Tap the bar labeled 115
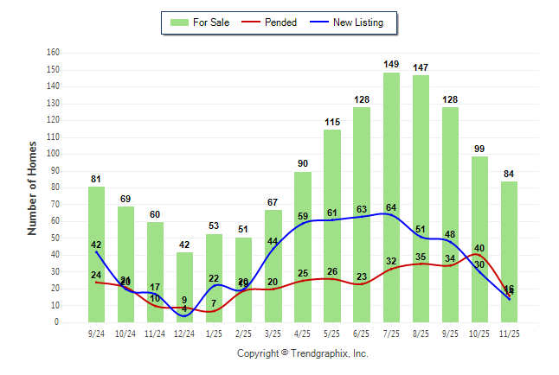click(x=332, y=226)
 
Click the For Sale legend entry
click(x=201, y=22)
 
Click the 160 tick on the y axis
click(x=54, y=53)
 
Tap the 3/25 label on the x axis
click(x=273, y=332)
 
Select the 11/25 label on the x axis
click(x=510, y=332)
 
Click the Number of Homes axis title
click(x=32, y=187)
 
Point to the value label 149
click(x=391, y=64)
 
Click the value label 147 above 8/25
click(x=421, y=67)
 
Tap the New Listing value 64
click(x=391, y=207)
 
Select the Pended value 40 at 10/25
click(x=479, y=248)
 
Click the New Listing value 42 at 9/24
click(x=96, y=245)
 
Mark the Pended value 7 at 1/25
click(x=214, y=303)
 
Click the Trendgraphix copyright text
click(x=303, y=353)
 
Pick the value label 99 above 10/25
click(x=479, y=149)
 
